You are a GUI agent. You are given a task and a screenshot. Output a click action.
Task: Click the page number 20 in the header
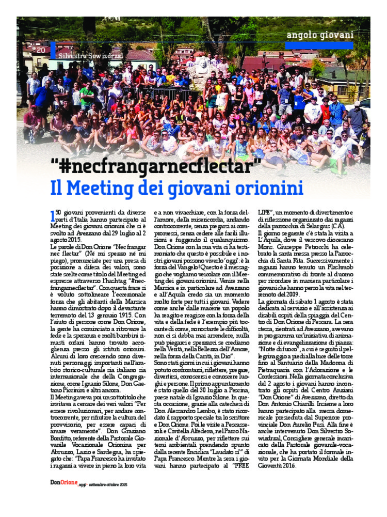click(x=42, y=50)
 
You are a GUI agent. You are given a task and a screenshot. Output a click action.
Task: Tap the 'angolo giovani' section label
click(x=320, y=35)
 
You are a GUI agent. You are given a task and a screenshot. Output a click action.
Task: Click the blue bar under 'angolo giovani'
click(x=319, y=45)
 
